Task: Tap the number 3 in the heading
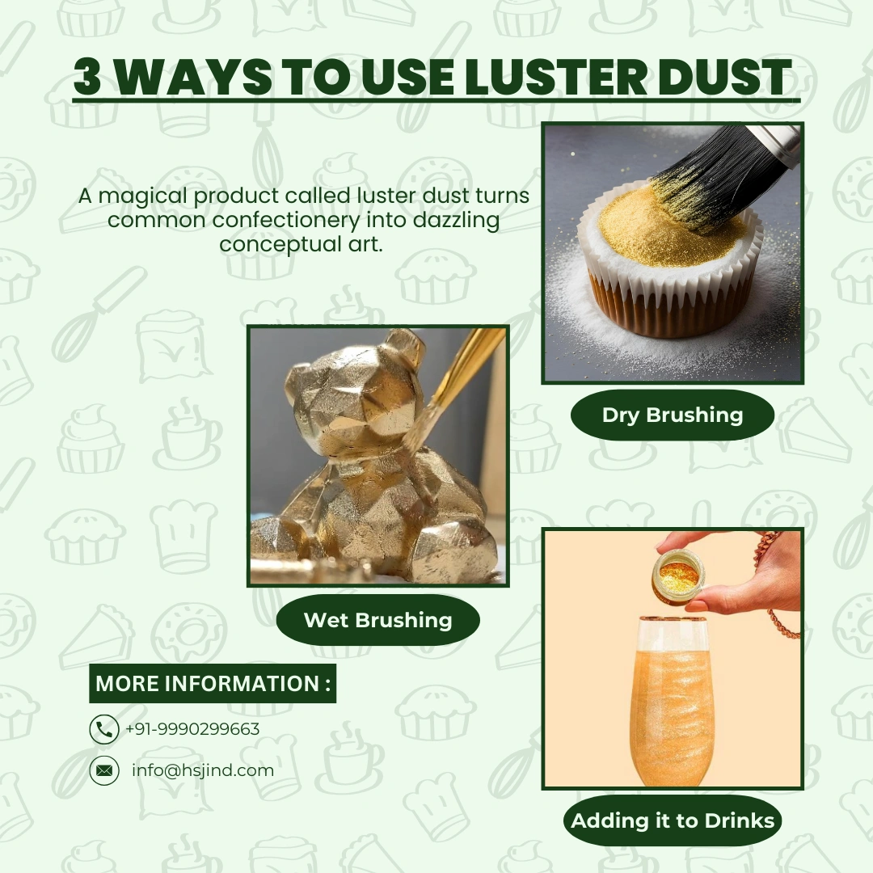[x=91, y=78]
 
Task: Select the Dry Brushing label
[x=672, y=415]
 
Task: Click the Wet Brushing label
[x=377, y=620]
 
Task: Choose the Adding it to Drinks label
[x=673, y=821]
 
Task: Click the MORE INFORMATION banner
[x=213, y=684]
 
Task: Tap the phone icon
[x=103, y=729]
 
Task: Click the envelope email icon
[x=103, y=770]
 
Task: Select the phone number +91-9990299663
[x=192, y=729]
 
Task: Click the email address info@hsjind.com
[x=203, y=770]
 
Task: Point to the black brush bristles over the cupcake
[x=711, y=178]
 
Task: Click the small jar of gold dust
[x=677, y=576]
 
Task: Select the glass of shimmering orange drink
[x=672, y=703]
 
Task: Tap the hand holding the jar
[x=752, y=574]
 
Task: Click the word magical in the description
[x=158, y=196]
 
